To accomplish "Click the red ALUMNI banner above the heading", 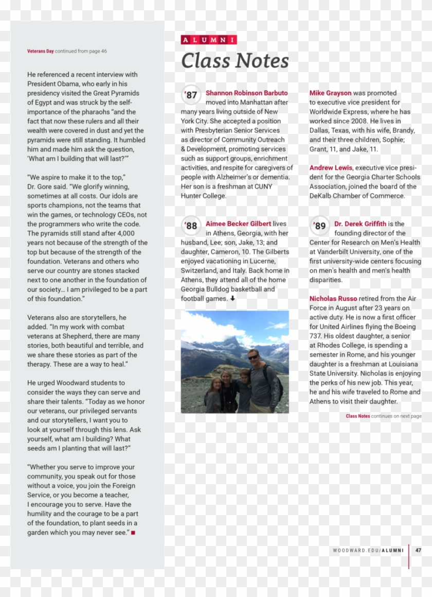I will pyautogui.click(x=209, y=40).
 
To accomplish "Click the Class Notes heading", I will pyautogui.click(x=235, y=61).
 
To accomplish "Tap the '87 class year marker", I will pyautogui.click(x=191, y=95).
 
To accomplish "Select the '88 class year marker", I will pyautogui.click(x=191, y=226).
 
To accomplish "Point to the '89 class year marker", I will pyautogui.click(x=319, y=226).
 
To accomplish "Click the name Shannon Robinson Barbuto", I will pyautogui.click(x=247, y=93).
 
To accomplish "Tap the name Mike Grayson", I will pyautogui.click(x=330, y=93).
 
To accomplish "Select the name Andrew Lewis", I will pyautogui.click(x=331, y=168).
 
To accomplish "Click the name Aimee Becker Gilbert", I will pyautogui.click(x=238, y=224).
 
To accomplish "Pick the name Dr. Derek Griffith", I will pyautogui.click(x=360, y=224).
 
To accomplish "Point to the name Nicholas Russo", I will pyautogui.click(x=333, y=299).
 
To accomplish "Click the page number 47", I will pyautogui.click(x=418, y=550).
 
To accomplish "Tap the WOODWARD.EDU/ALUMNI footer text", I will pyautogui.click(x=368, y=550).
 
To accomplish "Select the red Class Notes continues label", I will pyautogui.click(x=357, y=416).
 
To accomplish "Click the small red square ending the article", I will pyautogui.click(x=133, y=533).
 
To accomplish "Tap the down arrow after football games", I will pyautogui.click(x=232, y=299).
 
